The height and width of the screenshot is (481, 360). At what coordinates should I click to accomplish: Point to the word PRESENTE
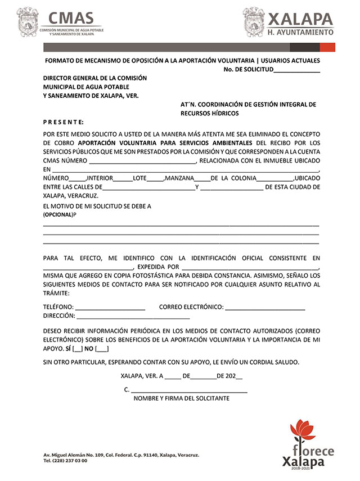(x=64, y=122)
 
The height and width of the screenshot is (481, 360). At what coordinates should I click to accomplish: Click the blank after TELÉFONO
(x=110, y=308)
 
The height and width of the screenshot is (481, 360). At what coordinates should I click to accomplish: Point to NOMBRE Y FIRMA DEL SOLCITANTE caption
(x=181, y=399)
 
